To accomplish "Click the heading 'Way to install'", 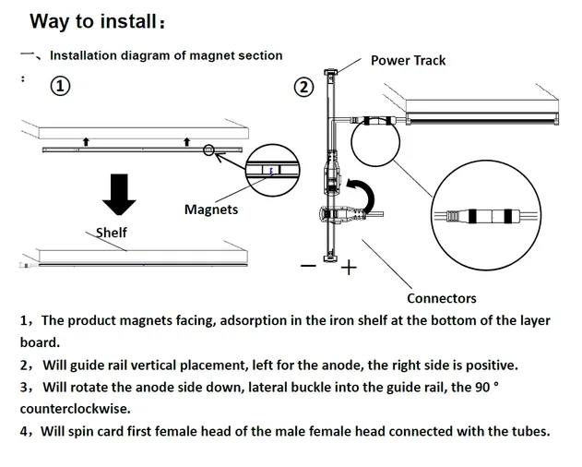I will tap(101, 21).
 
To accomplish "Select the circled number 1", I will tap(60, 87).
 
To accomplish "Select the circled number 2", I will tap(303, 88).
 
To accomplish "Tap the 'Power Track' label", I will tap(408, 60).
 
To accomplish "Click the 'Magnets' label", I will tap(211, 210).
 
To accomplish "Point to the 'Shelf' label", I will tap(112, 233).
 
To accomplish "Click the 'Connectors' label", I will tap(442, 298).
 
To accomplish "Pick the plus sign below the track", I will tap(348, 269).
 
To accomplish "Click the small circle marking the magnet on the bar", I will tap(210, 149).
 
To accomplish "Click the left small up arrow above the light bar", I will tap(86, 141).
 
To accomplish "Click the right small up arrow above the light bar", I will tap(186, 141).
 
